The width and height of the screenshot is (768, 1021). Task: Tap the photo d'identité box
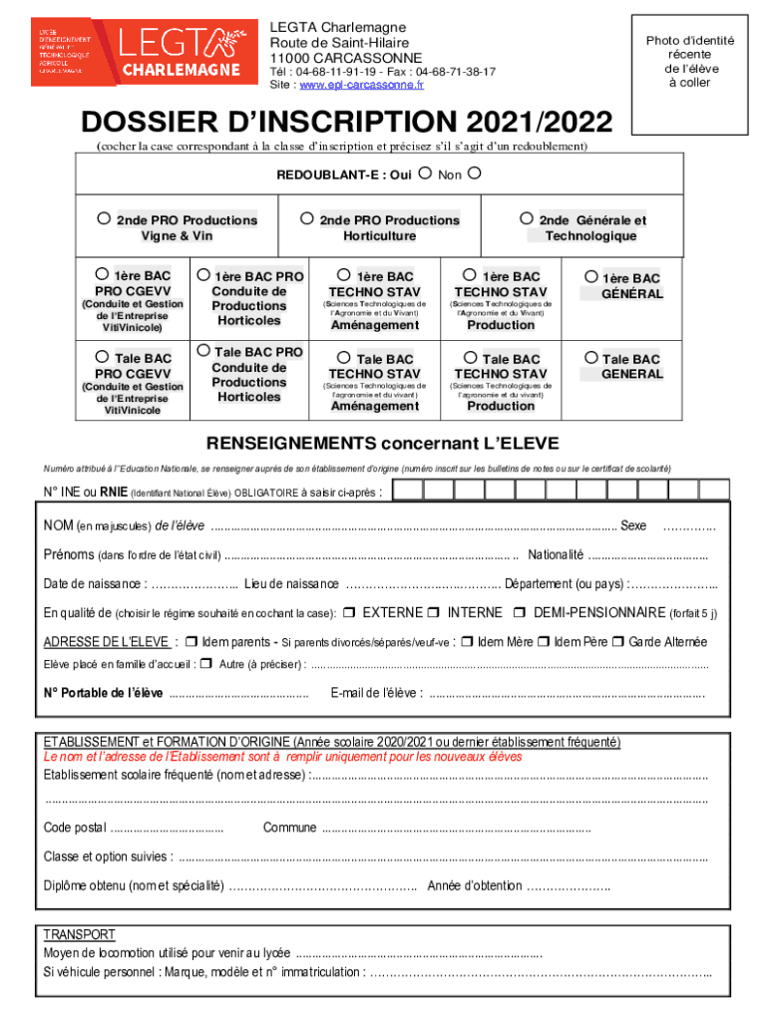689,76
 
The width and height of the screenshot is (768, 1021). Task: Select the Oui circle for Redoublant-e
425,174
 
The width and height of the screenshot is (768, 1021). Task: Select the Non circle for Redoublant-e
474,174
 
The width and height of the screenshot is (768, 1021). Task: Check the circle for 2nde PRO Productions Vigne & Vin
103,219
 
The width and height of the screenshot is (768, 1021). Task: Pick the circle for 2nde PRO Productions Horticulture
306,219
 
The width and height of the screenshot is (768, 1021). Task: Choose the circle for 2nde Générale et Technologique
526,219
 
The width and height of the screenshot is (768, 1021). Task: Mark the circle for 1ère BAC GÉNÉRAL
590,277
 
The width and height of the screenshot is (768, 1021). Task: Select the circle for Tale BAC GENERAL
590,357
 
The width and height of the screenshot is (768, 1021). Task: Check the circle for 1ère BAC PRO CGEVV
102,274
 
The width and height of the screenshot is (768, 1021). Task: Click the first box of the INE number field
411,489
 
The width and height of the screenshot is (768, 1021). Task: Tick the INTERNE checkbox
435,612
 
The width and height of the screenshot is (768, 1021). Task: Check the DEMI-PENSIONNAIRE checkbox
520,612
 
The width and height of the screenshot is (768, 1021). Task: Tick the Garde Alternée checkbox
618,642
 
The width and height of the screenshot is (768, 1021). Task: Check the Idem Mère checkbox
469,642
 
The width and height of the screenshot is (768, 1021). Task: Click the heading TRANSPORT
79,934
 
